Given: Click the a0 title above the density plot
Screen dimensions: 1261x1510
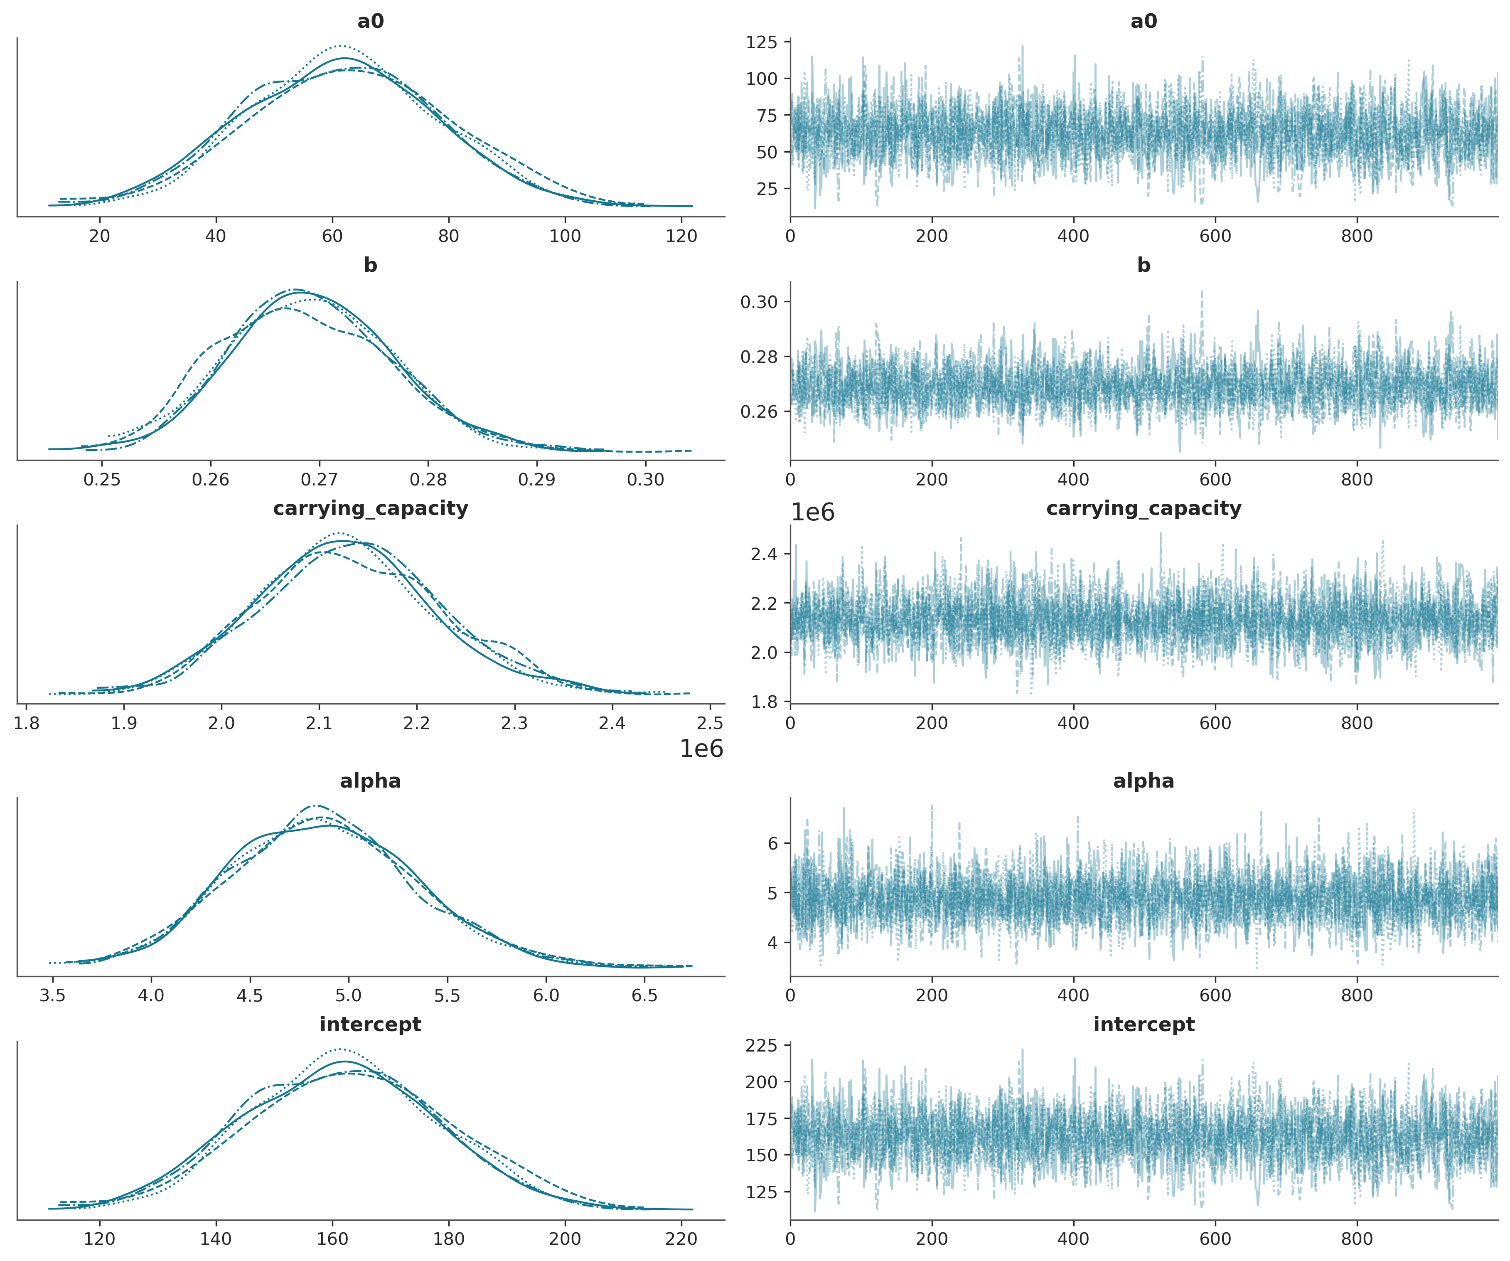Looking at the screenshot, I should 370,22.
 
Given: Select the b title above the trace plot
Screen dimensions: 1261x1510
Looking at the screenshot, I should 1143,266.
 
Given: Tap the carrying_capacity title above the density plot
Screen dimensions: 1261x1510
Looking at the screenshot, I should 370,509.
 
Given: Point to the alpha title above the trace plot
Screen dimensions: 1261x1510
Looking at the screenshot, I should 1143,781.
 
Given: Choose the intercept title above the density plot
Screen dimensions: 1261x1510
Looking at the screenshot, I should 370,1025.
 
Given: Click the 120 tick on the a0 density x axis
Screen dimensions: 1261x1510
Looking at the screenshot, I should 681,236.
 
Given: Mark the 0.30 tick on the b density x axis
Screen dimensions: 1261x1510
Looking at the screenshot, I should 645,480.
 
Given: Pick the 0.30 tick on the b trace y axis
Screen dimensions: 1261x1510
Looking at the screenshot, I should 759,302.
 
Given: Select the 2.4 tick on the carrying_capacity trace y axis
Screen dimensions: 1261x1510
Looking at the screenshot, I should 764,554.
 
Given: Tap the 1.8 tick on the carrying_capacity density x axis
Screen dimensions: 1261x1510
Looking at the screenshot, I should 27,723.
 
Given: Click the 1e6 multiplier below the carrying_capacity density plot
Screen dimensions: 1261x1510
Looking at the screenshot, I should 701,749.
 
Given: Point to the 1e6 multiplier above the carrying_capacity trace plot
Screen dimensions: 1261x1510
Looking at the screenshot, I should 812,513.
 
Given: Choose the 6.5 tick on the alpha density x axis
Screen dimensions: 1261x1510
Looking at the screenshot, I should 644,995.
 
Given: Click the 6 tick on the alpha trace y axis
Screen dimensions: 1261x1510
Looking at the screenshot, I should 773,843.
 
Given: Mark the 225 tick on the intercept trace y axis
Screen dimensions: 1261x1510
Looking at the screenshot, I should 762,1045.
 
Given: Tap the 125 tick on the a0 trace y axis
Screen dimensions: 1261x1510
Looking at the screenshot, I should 762,42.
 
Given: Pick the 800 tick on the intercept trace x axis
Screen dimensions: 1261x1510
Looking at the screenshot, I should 1356,1239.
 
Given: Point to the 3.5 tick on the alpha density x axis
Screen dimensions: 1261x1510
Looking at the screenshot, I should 52,995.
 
